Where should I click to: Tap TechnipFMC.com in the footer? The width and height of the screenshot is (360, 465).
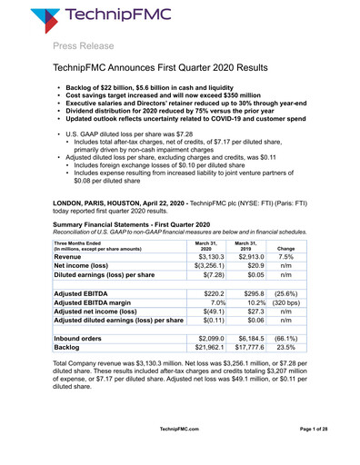pos(180,453)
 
